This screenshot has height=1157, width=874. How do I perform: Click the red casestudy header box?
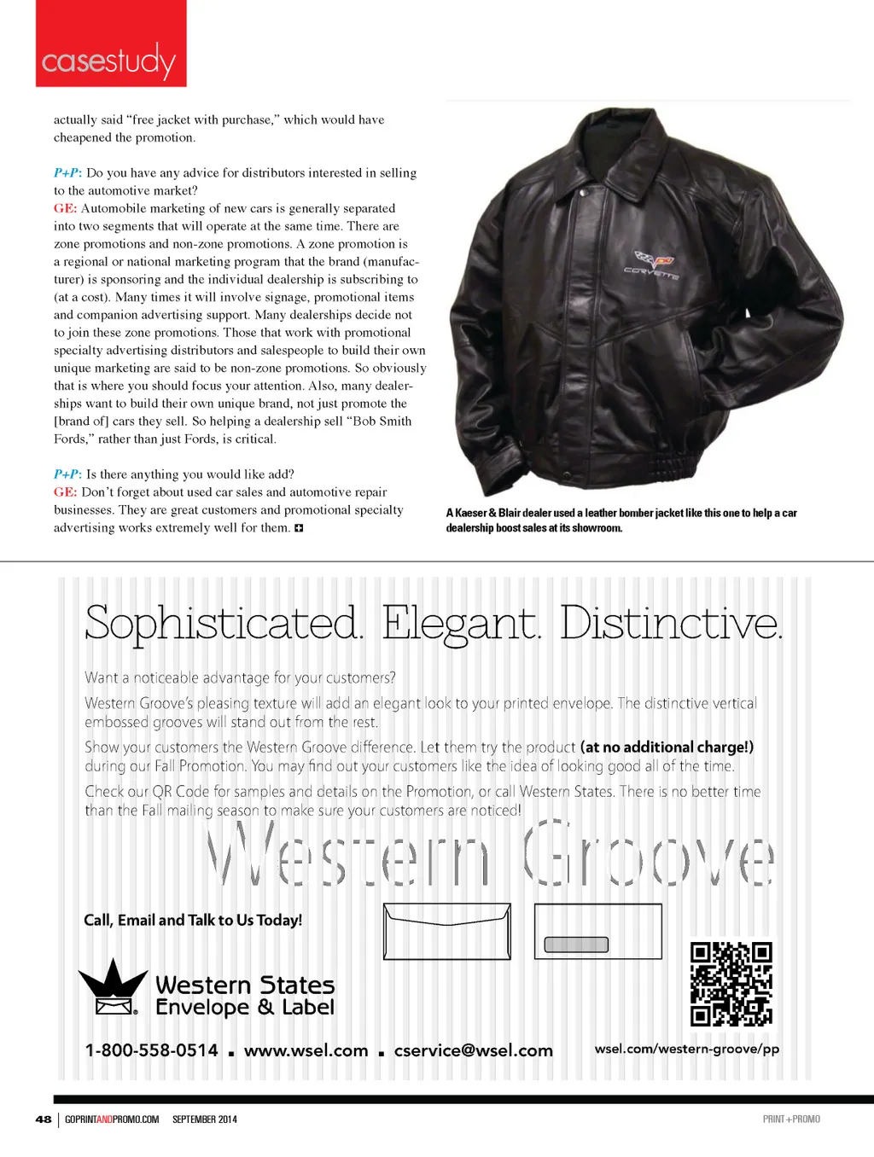pos(111,44)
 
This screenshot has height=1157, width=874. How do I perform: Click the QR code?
pos(731,983)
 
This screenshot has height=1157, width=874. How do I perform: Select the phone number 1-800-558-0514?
pos(152,1050)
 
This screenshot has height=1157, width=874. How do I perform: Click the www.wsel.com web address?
pos(306,1050)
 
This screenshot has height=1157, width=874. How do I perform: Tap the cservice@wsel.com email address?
pos(473,1050)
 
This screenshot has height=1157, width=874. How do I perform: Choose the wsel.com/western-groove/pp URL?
pos(687,1049)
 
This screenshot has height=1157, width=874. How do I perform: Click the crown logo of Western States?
pos(112,988)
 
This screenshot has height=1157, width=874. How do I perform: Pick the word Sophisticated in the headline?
pos(224,624)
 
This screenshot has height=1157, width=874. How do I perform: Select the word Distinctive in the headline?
pos(671,624)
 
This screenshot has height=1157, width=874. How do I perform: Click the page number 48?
pos(44,1119)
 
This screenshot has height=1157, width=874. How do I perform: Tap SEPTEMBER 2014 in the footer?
pos(205,1119)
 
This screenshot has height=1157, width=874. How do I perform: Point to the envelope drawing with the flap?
pos(447,931)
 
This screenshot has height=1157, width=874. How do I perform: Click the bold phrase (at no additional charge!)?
pos(667,747)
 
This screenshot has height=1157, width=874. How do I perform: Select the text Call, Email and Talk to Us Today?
pos(193,920)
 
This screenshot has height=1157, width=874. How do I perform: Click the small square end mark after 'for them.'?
pos(299,528)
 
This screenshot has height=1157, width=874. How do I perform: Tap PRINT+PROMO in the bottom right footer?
pos(791,1119)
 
